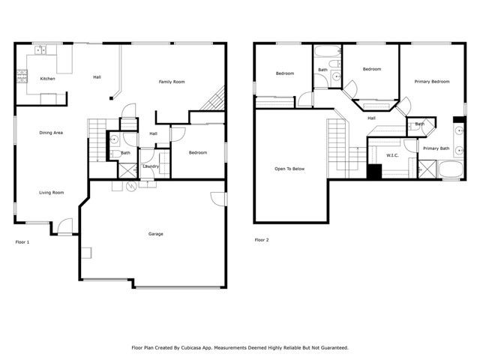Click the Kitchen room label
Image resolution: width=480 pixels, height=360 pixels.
click(x=47, y=79)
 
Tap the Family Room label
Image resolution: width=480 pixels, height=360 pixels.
click(x=172, y=82)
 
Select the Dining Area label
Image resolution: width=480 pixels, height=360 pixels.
click(x=51, y=133)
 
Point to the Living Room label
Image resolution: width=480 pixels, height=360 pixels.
click(x=52, y=193)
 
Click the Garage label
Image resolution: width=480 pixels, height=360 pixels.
click(x=155, y=234)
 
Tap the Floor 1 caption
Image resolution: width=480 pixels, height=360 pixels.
click(x=22, y=242)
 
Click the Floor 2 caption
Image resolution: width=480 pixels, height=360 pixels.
click(x=262, y=240)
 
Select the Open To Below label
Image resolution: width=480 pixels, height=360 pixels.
click(x=289, y=169)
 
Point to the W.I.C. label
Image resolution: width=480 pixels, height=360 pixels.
click(x=392, y=155)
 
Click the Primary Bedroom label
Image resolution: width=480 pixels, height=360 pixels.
click(x=431, y=81)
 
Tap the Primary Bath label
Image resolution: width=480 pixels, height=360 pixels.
click(x=436, y=148)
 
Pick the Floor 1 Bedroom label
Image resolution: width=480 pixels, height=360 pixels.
click(x=197, y=153)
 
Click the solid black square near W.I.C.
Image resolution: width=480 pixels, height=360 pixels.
click(x=374, y=170)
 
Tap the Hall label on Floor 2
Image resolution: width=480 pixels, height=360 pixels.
click(x=371, y=118)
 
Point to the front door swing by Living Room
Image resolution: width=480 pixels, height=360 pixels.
click(x=65, y=225)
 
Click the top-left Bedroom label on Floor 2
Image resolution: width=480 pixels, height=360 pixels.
click(x=285, y=73)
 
